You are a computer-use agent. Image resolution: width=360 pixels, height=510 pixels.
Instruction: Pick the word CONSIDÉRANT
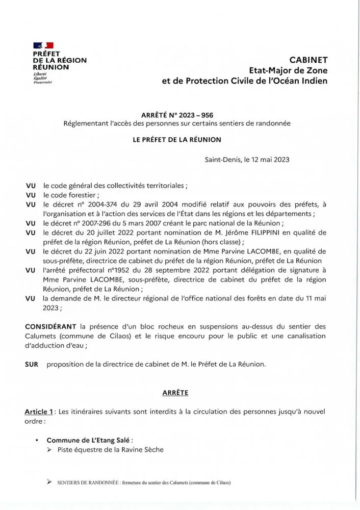tap(50, 326)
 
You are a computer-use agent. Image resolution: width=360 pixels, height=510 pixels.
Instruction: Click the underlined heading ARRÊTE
tap(175, 393)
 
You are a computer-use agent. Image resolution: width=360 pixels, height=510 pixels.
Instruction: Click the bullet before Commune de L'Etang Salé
tap(37, 440)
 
